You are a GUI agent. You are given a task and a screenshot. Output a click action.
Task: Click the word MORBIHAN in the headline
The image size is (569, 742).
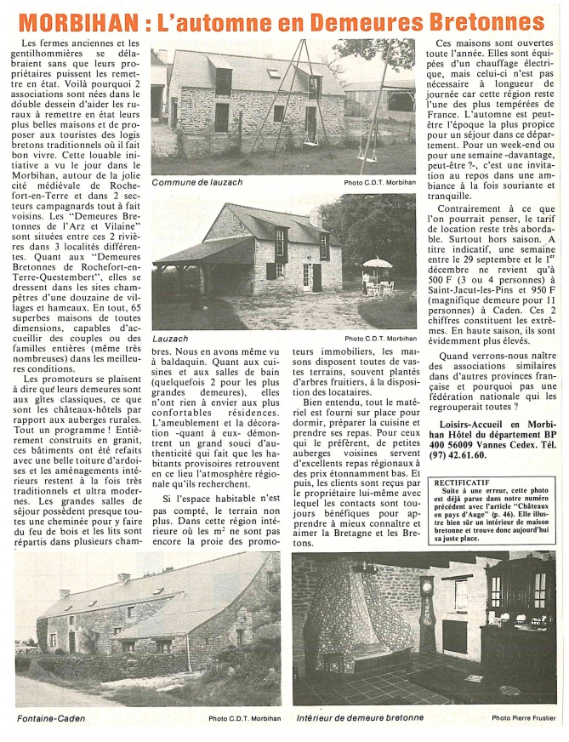pos(76,22)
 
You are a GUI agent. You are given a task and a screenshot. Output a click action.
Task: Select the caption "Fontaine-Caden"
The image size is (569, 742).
pos(50,718)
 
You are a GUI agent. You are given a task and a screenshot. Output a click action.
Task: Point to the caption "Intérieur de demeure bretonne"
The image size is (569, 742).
pos(360,718)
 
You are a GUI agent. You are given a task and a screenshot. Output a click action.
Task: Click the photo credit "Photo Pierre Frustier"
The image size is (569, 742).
pos(524,718)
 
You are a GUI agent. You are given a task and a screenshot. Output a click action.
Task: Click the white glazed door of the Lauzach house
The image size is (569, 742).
pos(306,277)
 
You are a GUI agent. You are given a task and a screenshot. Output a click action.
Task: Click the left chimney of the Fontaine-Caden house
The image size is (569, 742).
pos(65,592)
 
